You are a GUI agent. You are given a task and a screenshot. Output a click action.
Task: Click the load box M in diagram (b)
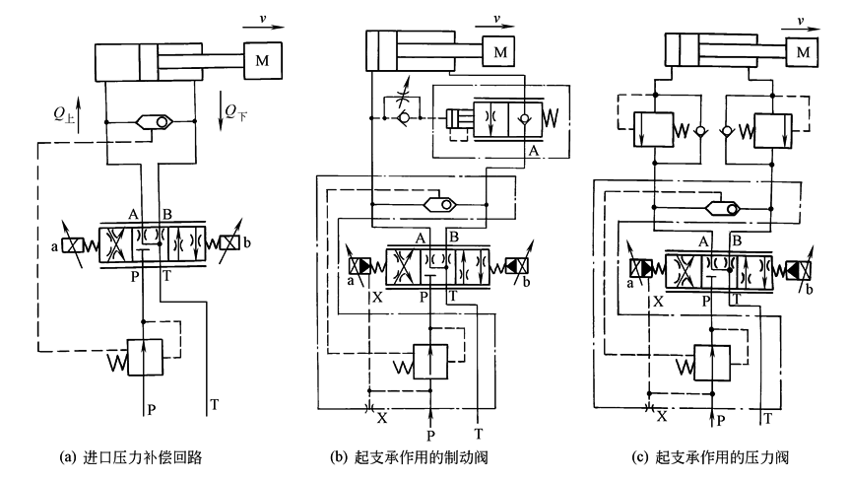(x=503, y=50)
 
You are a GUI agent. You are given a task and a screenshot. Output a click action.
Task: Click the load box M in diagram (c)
(x=805, y=50)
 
